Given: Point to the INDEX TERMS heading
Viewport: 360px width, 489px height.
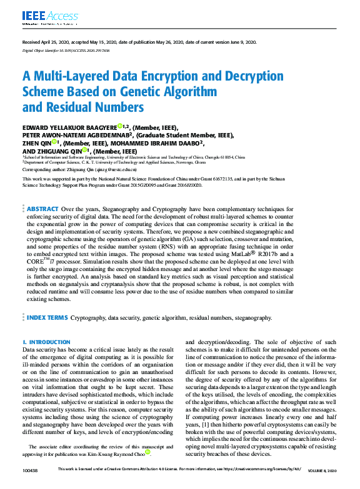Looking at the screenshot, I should click(x=47, y=318).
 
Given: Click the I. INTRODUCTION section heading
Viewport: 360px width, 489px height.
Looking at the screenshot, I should click(x=46, y=343).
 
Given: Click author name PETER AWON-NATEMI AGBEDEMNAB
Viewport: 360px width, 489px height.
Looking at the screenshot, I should click(x=76, y=135).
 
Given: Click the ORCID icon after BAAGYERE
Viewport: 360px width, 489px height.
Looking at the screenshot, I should click(x=119, y=126).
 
